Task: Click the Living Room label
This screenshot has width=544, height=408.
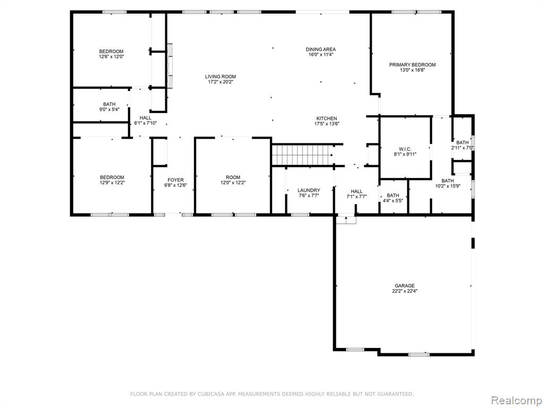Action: tap(220, 76)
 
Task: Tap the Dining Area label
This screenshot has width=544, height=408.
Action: tap(320, 49)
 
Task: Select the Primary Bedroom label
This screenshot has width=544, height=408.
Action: tap(412, 64)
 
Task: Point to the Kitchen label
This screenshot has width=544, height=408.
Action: tap(326, 118)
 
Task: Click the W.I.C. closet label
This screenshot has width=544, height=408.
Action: tap(405, 149)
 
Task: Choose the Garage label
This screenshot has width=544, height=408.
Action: tap(404, 286)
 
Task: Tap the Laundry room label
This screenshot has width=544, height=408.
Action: tap(309, 191)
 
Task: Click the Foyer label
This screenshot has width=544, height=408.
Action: tap(175, 180)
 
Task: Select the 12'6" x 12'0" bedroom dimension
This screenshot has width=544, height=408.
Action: tap(112, 56)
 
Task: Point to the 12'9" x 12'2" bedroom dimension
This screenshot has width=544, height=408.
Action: tap(112, 183)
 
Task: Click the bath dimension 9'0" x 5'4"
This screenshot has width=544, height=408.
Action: tap(109, 109)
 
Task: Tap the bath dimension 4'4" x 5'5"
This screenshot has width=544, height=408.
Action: tap(393, 200)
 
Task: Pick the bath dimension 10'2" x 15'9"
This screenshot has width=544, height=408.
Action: tap(447, 186)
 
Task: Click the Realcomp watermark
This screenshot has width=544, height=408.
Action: tap(516, 401)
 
